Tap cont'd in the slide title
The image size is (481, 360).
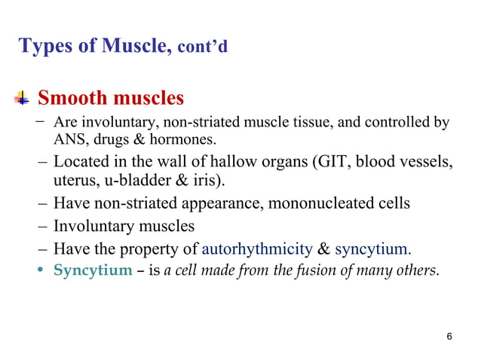point(202,47)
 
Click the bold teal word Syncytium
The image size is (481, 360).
point(93,270)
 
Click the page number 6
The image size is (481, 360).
point(449,336)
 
